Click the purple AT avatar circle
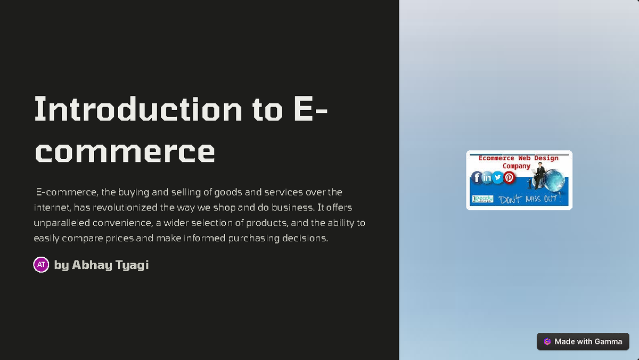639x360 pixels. coord(41,265)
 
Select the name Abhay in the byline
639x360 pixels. coord(92,265)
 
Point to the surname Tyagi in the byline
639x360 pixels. coord(132,265)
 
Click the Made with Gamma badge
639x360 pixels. coord(583,341)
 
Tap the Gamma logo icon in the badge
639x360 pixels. coord(547,341)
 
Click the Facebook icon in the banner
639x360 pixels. coord(477,177)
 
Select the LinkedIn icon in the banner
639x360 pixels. coord(487,177)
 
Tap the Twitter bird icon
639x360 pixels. coord(498,177)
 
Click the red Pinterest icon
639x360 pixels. coord(510,177)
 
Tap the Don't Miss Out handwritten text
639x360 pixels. coord(530,199)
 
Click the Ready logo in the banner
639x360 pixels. coord(483,199)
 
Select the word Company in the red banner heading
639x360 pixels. coord(517,166)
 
